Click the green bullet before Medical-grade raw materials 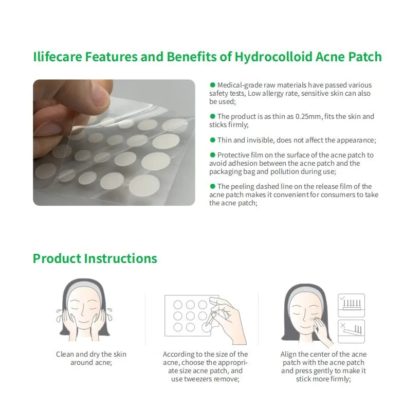pos(212,84)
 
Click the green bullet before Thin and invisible pos(212,139)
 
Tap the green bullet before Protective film pos(212,154)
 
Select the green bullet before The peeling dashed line pos(212,186)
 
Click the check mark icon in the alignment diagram pos(342,298)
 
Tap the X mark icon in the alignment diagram pos(342,326)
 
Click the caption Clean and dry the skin pos(91,354)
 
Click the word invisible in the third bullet pos(253,140)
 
